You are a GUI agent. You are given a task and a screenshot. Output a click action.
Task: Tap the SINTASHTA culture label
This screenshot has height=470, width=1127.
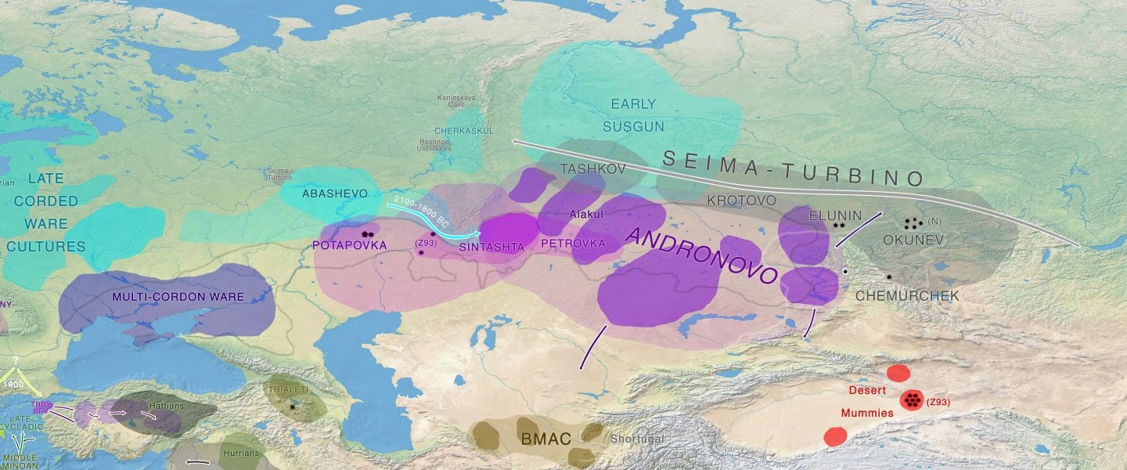click(x=491, y=246)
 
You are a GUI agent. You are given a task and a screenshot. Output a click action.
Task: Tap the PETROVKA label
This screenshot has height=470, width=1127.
click(x=573, y=244)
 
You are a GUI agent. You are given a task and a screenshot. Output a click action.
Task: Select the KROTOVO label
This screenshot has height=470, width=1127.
click(x=741, y=201)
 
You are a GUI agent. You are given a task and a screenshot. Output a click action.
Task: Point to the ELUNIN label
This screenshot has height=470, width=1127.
click(x=835, y=215)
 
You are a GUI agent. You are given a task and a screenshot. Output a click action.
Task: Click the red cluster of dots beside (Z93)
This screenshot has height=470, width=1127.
click(x=911, y=400)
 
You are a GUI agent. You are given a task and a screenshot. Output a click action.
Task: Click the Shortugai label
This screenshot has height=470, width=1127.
click(x=636, y=439)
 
